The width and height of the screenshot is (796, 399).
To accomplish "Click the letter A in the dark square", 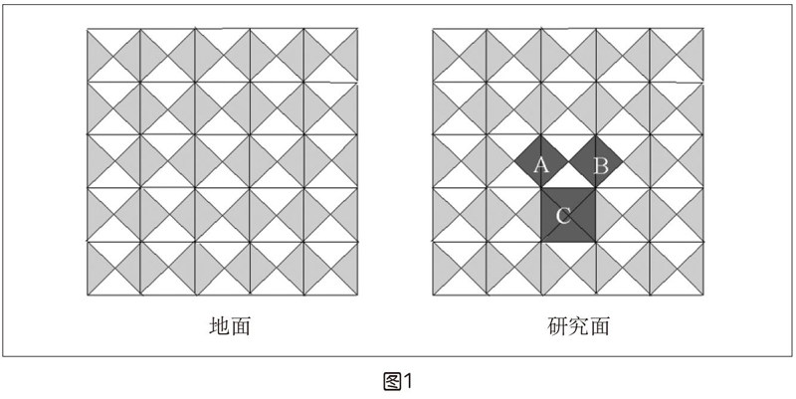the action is click(541, 165).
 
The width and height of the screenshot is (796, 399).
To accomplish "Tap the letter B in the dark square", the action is click(600, 165).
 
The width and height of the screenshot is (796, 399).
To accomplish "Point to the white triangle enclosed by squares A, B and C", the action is click(569, 175).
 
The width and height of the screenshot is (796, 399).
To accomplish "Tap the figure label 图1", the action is click(398, 381).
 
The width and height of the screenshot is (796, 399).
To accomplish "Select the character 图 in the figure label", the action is click(392, 381).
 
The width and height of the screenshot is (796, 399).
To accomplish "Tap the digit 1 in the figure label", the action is click(408, 381).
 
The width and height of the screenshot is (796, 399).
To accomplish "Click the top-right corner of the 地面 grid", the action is click(357, 29).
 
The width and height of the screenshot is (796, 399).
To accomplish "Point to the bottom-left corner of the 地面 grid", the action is click(88, 295).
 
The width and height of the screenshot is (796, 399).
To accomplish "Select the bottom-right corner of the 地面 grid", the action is click(357, 295).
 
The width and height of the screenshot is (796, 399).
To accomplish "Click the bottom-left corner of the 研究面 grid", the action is click(433, 295).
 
